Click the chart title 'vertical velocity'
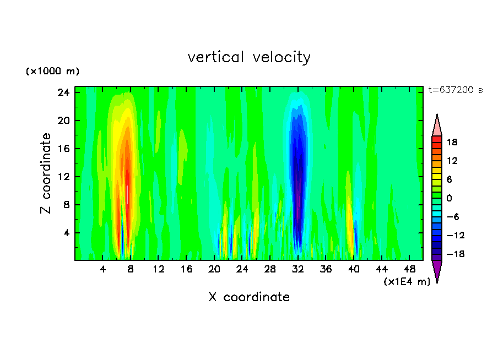[x=249, y=57]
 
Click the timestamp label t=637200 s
[x=455, y=90]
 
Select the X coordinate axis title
[x=249, y=297]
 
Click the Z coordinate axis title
[x=46, y=173]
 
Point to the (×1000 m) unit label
[x=52, y=72]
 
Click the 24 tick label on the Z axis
[x=63, y=92]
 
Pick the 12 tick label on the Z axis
[x=63, y=177]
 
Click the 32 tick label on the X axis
[x=298, y=270]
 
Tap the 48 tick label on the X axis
[x=410, y=270]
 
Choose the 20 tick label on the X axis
[x=214, y=270]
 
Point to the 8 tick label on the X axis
[x=131, y=270]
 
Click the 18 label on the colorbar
[x=452, y=142]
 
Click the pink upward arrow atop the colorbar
[x=437, y=125]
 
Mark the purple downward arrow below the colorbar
[x=437, y=271]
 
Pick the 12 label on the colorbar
[x=452, y=161]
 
